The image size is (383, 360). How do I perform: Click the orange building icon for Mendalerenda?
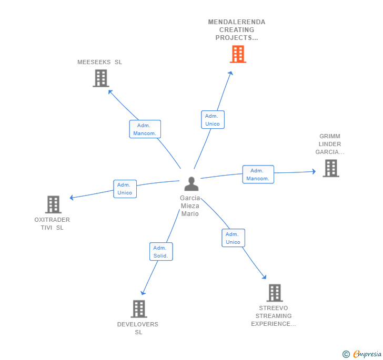coord(238,54)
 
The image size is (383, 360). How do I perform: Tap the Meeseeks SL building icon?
coord(100,78)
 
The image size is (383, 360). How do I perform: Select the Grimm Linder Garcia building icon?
coord(330,168)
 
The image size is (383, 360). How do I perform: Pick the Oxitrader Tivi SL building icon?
coord(53,204)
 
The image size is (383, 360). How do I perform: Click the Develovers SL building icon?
coord(138,309)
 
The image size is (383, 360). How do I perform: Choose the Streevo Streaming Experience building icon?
coord(274,293)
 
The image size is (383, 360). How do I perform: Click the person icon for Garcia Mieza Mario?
coord(191,184)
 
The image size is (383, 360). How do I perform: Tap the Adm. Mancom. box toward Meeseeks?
coord(145,129)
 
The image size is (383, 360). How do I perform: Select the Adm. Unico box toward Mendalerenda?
coord(213,120)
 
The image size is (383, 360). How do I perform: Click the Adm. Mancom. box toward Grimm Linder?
coord(258,174)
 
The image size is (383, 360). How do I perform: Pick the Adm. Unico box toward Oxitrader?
coord(125,189)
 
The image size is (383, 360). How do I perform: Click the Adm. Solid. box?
coord(160,252)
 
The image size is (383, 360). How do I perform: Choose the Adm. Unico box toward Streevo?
coord(233,238)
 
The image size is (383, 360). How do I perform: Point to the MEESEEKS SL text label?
coord(99,62)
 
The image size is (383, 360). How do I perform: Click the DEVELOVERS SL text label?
coord(138,328)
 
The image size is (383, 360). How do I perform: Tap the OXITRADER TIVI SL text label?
coord(52,223)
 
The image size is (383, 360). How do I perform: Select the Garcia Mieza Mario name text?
coord(190,206)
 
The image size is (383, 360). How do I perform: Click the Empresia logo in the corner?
coord(362,354)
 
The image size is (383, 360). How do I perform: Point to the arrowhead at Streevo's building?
coord(265,277)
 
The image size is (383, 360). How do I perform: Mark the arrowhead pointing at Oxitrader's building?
coord(72,198)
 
